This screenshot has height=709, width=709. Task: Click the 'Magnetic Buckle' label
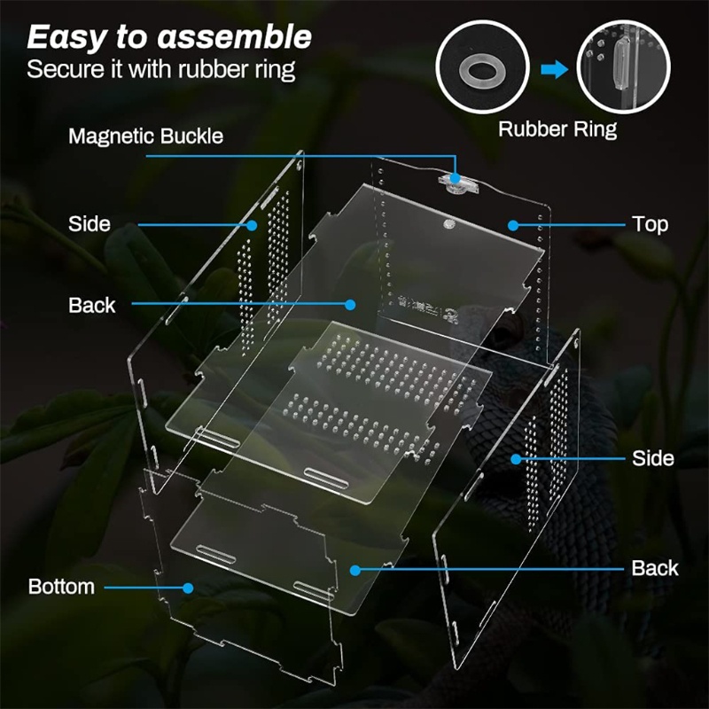coord(145,136)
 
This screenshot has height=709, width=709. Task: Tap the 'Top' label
coord(650,223)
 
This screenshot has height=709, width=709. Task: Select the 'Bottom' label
coord(61,587)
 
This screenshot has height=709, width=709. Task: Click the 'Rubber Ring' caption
coord(557,129)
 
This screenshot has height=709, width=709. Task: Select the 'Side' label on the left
coord(90,223)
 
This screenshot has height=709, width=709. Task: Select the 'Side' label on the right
coord(652,458)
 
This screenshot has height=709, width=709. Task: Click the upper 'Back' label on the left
coord(92,305)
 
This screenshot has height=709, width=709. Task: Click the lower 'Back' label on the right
coord(655,568)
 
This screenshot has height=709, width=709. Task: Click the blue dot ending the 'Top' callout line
coord(512,223)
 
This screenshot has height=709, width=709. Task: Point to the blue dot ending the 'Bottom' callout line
coord(188,587)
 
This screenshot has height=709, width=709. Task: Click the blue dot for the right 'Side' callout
coord(516,458)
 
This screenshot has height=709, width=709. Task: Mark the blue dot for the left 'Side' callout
coord(253,224)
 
